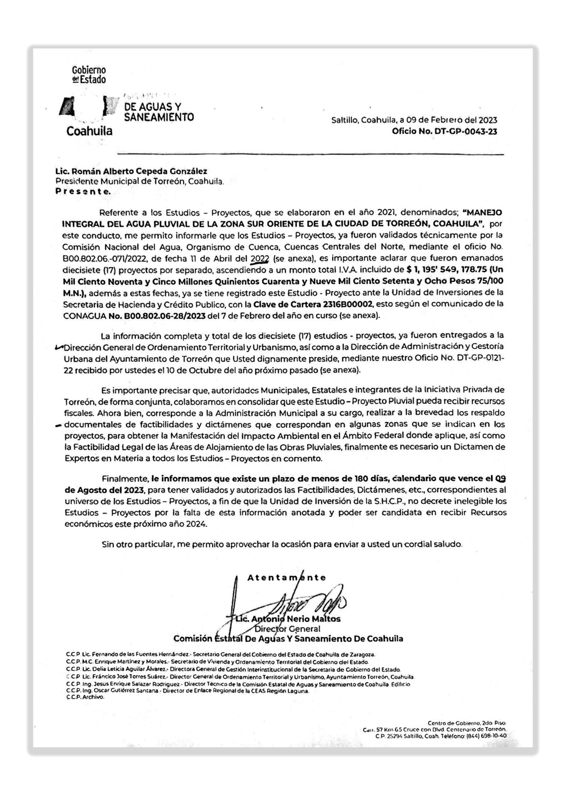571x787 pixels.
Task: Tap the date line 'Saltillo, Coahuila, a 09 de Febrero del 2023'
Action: coord(414,120)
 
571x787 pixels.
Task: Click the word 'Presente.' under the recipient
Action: coord(83,192)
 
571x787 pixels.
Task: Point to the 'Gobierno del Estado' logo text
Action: coord(89,75)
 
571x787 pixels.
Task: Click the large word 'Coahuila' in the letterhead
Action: coord(89,131)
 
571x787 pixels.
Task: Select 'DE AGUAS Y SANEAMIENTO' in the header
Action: coord(158,112)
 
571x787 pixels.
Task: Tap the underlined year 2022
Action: coord(260,258)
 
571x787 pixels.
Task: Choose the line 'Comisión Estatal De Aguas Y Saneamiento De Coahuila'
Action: coord(288,639)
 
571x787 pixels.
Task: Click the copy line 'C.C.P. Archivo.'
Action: coord(85,697)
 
